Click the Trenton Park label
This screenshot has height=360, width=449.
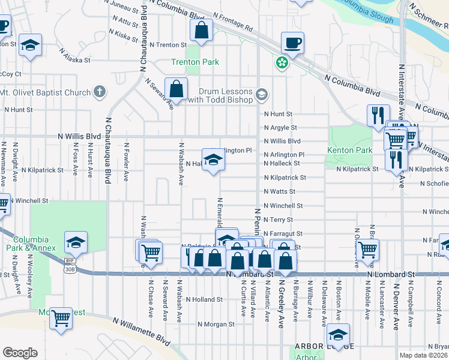click(195, 62)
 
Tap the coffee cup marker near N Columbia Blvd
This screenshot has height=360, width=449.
click(292, 43)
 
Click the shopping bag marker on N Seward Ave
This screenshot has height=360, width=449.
click(176, 89)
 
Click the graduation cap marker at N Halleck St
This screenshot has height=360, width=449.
click(212, 160)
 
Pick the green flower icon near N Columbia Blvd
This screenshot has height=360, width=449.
click(280, 62)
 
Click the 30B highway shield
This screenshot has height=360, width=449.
click(70, 269)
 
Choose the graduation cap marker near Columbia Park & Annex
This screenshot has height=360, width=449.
click(76, 242)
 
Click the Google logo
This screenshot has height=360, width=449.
click(20, 353)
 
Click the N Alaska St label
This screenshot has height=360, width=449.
click(74, 60)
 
